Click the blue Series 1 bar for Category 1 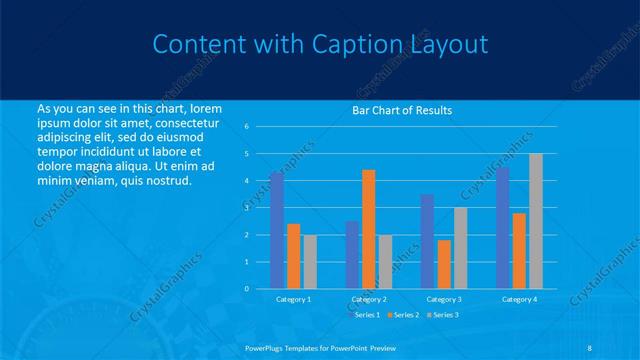(x=277, y=230)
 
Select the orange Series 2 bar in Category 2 (x=369, y=229)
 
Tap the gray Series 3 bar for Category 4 (x=536, y=221)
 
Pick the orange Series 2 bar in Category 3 (x=444, y=264)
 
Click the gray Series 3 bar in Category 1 (x=310, y=262)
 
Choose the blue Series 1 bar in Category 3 (x=427, y=241)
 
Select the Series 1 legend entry (x=365, y=315)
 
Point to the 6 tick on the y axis (x=247, y=127)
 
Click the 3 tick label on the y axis (x=247, y=208)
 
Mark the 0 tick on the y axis (x=247, y=289)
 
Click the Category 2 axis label (x=369, y=299)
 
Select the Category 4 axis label (x=519, y=299)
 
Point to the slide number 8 (x=589, y=347)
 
